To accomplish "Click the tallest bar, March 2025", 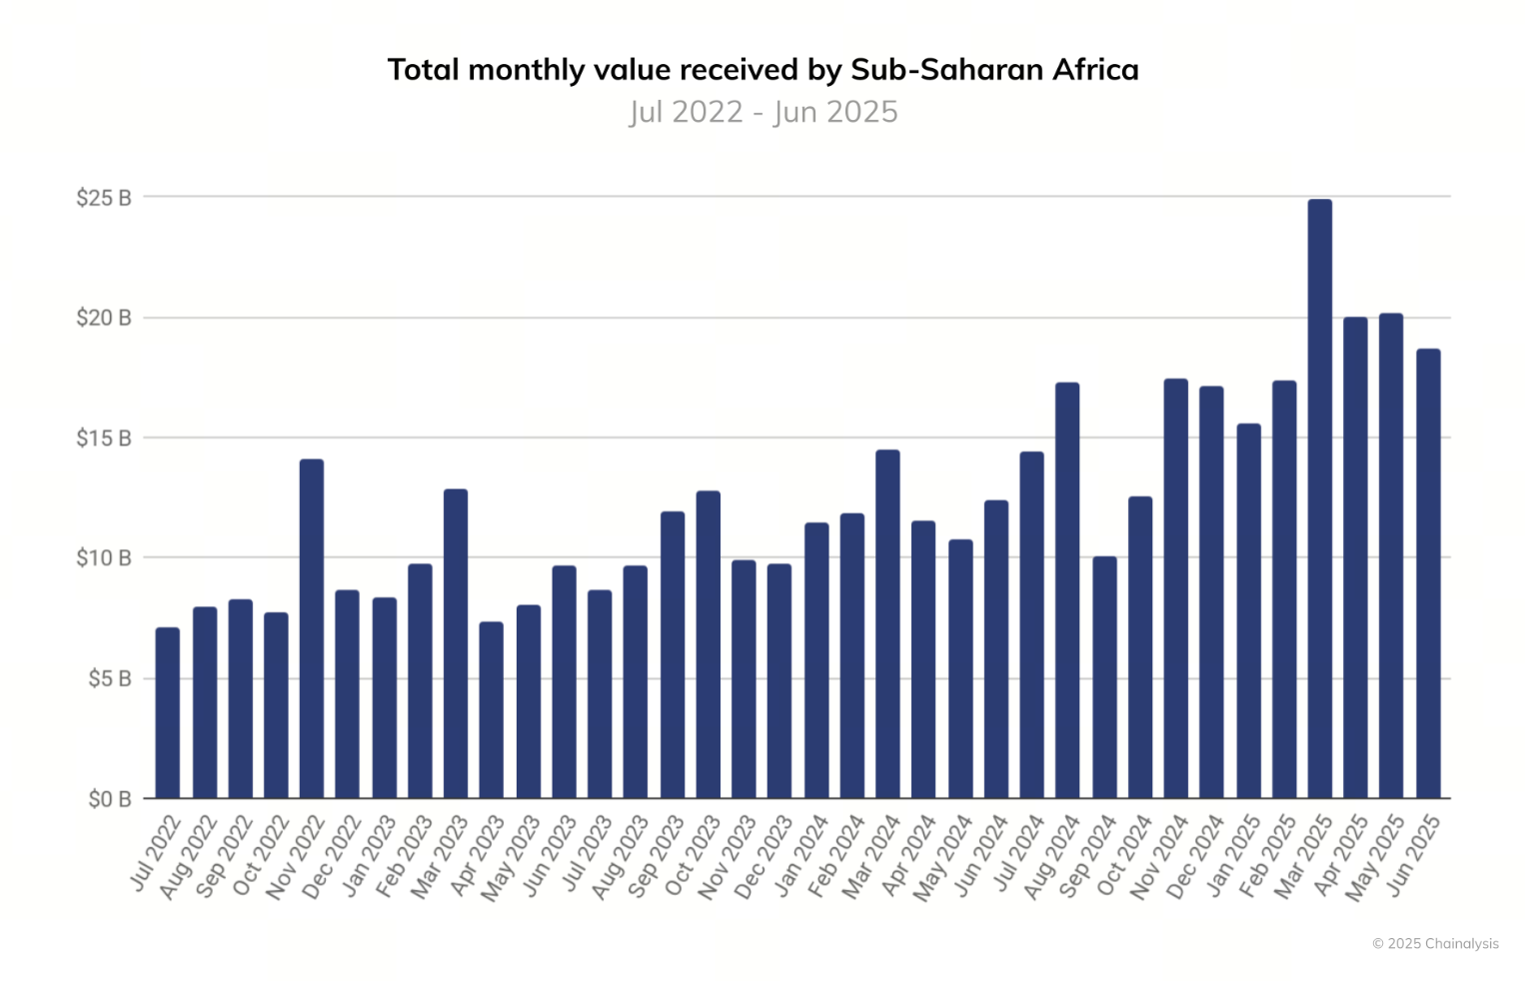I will point(1319,499).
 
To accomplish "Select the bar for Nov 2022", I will point(312,629).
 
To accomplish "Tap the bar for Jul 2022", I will point(168,713).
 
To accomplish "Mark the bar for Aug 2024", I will point(1067,589).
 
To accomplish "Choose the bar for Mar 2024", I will point(887,624).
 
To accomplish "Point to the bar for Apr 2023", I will point(491,710).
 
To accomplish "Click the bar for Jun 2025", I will point(1428,573).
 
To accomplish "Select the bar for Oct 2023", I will point(708,644).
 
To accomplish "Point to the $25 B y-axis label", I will point(104,198).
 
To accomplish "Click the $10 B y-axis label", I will point(104,558).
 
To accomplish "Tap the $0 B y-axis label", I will point(109,799).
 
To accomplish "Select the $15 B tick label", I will point(104,439).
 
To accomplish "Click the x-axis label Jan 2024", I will point(802,855).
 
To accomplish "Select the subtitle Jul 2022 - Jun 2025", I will point(763,112).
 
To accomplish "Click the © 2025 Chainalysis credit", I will point(1435,943).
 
